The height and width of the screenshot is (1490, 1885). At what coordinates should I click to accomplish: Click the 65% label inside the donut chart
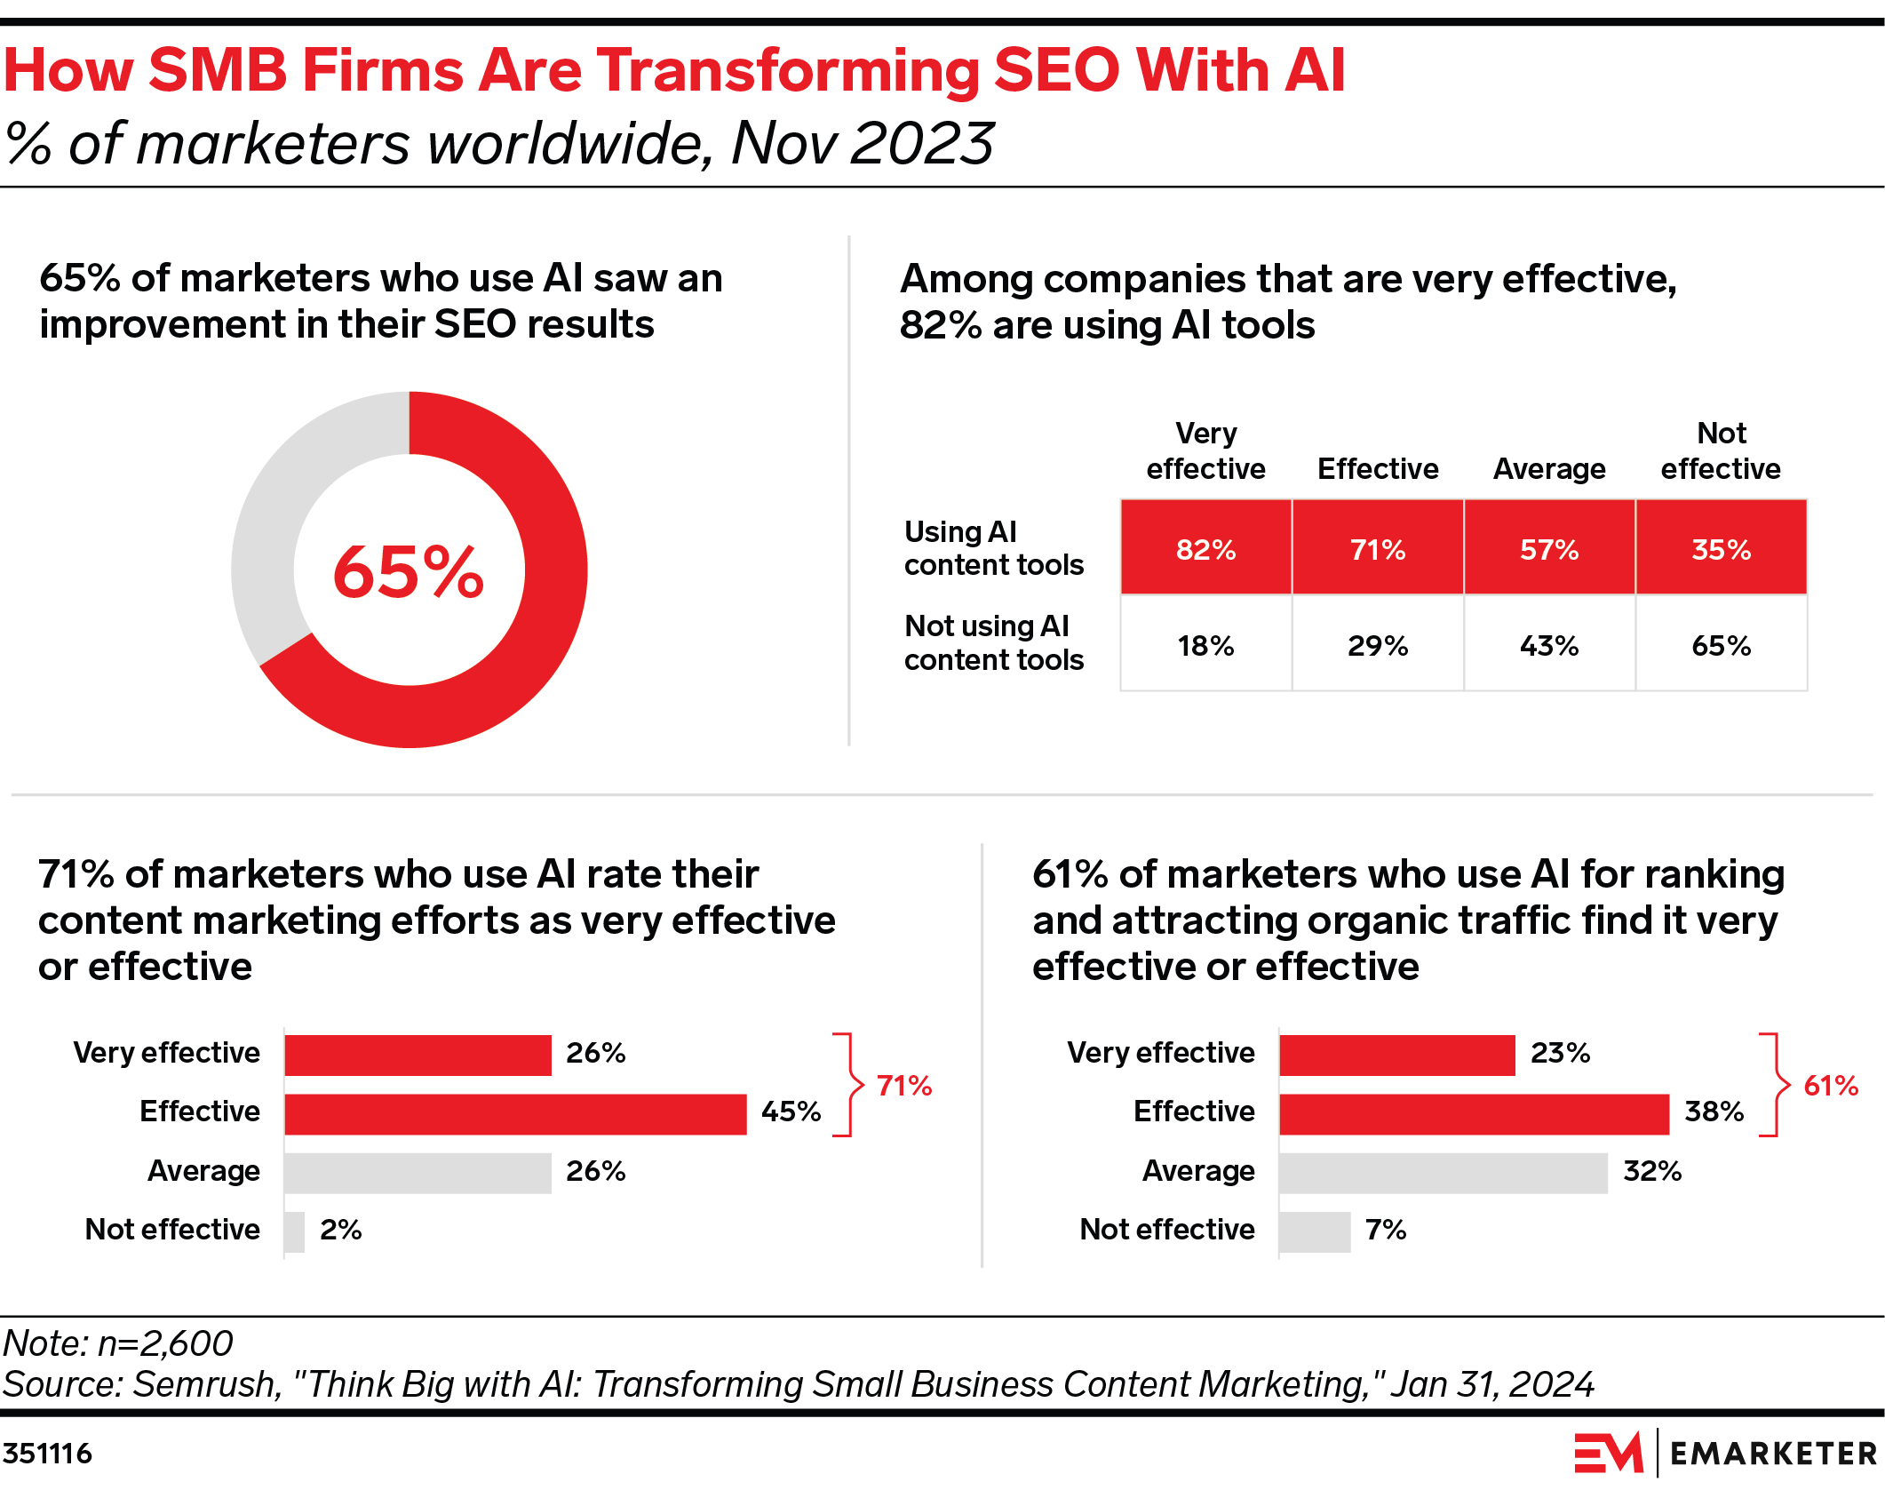409,571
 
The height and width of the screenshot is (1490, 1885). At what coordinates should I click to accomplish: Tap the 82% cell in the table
1205,549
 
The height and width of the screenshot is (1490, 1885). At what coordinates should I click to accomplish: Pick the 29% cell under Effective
1377,645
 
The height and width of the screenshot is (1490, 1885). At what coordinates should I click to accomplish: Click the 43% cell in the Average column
1548,645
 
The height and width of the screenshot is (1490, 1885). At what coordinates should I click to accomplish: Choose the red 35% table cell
1721,549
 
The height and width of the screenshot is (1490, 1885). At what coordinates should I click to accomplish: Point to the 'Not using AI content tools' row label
993,643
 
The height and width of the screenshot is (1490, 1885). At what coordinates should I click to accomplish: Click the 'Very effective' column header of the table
1205,451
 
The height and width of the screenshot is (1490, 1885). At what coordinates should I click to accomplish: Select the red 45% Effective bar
515,1113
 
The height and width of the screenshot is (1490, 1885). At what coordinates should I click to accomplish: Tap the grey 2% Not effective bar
294,1231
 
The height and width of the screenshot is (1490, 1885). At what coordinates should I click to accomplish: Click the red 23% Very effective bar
1396,1055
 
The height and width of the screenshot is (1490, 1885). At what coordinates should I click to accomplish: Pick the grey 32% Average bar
1443,1173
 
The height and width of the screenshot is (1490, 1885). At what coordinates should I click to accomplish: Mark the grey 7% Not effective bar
1315,1231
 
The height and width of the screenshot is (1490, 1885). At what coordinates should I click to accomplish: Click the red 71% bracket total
903,1086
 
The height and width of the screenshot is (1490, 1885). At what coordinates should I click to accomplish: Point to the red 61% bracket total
1830,1086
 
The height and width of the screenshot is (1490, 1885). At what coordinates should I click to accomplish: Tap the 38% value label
1714,1112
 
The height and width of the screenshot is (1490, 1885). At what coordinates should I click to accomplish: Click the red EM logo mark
1608,1453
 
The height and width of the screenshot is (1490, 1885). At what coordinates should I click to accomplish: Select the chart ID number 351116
48,1454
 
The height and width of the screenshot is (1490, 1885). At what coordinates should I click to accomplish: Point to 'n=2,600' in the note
165,1343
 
